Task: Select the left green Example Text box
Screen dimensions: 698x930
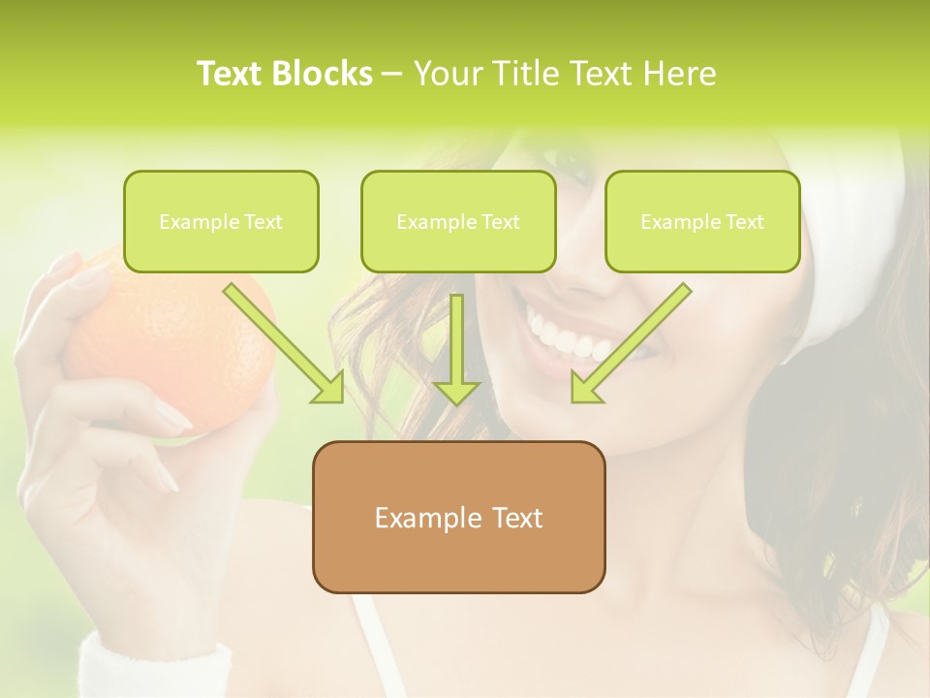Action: pyautogui.click(x=221, y=222)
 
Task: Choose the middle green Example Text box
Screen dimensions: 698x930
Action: pyautogui.click(x=458, y=222)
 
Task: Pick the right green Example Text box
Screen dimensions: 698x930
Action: pyautogui.click(x=702, y=222)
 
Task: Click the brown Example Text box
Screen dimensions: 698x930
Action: pyautogui.click(x=458, y=517)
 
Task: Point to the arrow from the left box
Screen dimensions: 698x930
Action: pyautogui.click(x=286, y=345)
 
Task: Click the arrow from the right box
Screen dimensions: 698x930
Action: pyautogui.click(x=630, y=344)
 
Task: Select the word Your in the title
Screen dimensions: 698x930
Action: pyautogui.click(x=448, y=74)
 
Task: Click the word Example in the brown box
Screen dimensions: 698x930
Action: pyautogui.click(x=418, y=518)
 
